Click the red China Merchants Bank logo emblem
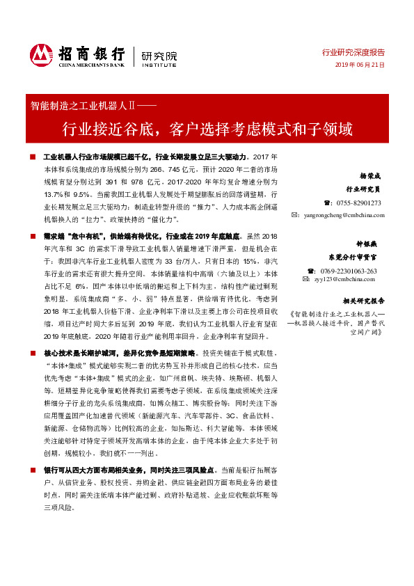(x=41, y=54)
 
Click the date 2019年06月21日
(x=360, y=65)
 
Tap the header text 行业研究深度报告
(x=353, y=52)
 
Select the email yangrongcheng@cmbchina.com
(x=344, y=215)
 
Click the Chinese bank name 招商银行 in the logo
(x=92, y=51)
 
